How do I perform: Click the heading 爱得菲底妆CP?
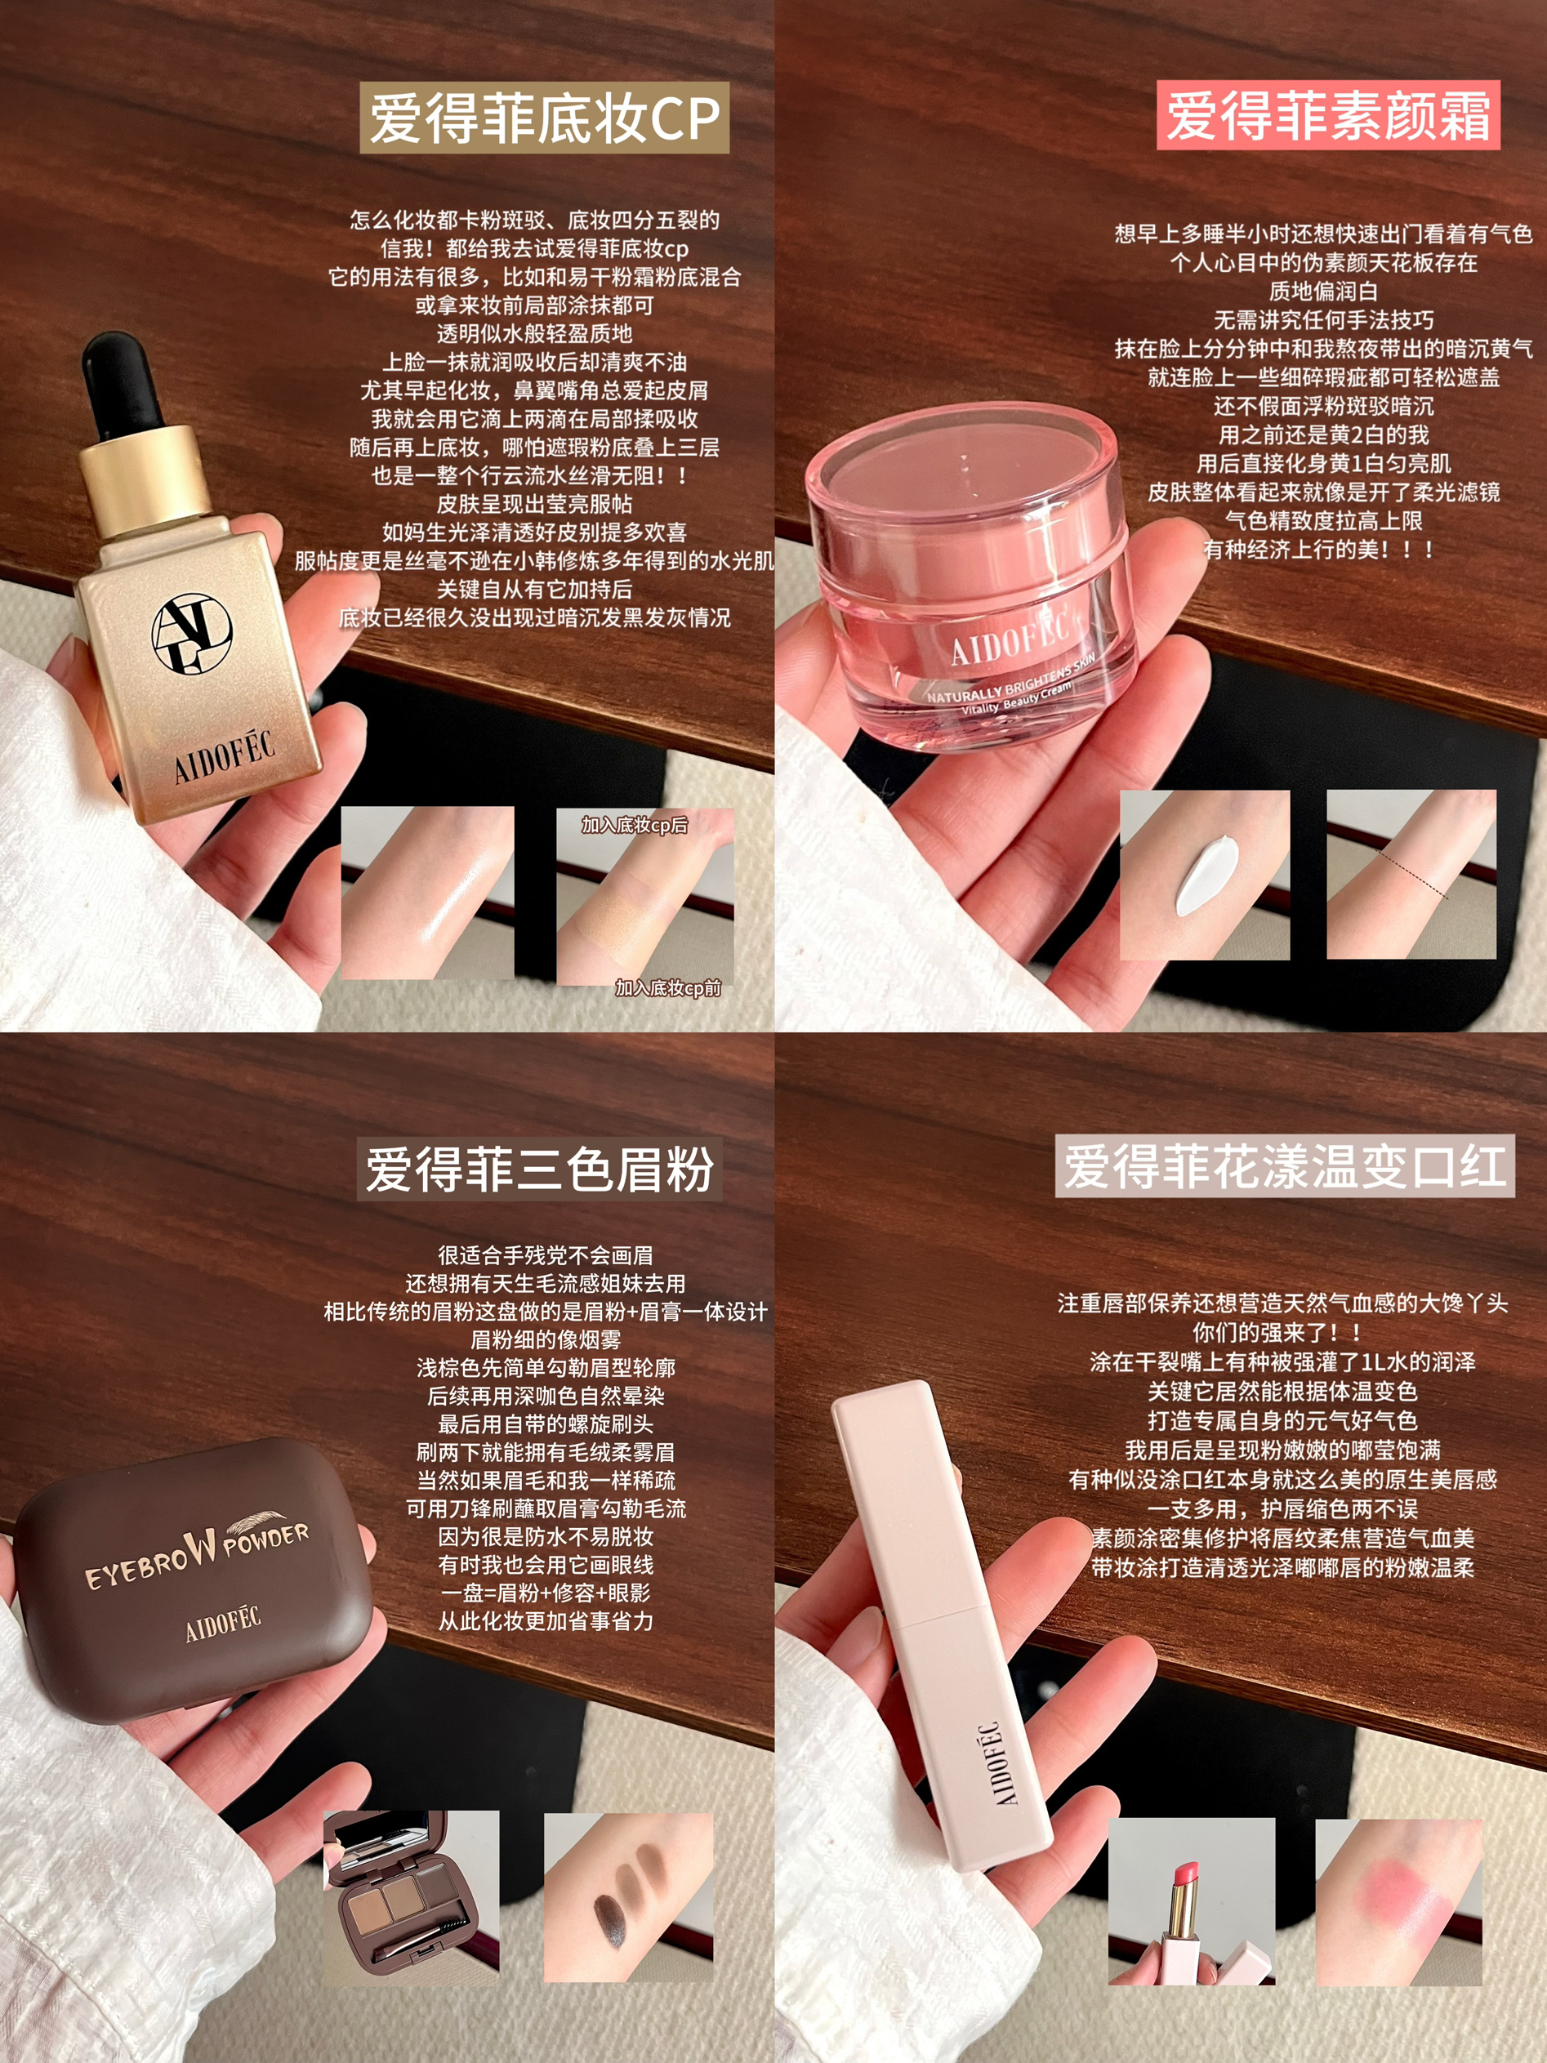click(x=545, y=118)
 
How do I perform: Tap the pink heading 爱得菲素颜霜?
click(x=1328, y=116)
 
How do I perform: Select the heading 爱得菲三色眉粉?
click(x=540, y=1170)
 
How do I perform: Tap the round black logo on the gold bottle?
click(x=192, y=635)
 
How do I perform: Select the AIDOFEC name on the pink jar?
click(x=1009, y=637)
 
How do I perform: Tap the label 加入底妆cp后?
click(x=634, y=824)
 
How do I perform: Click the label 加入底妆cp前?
click(x=667, y=987)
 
